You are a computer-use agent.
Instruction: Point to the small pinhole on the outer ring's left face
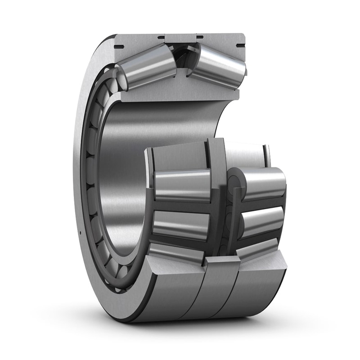tap(80, 232)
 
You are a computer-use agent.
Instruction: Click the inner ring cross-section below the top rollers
tap(180, 92)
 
